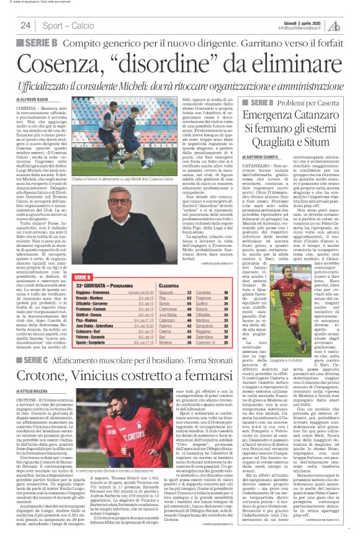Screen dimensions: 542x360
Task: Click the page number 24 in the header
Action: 25,25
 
